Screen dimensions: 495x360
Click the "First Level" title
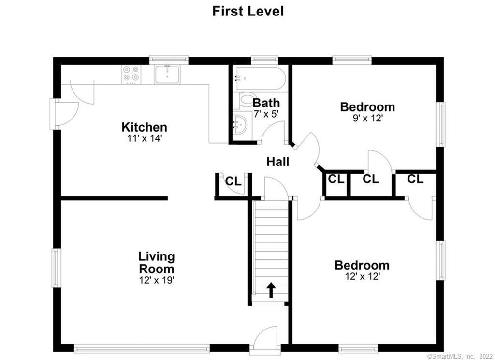tap(248, 11)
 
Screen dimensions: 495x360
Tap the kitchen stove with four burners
tap(131, 75)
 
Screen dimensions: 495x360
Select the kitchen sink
tap(167, 75)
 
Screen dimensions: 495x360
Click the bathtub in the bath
tap(260, 78)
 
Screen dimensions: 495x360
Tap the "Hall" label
tap(278, 162)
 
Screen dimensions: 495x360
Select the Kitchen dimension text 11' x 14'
tap(144, 138)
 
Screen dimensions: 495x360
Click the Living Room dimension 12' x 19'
tap(157, 280)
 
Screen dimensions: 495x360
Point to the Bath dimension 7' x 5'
tap(266, 114)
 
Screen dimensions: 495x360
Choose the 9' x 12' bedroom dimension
tap(367, 118)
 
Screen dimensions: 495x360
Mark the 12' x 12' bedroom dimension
tap(362, 277)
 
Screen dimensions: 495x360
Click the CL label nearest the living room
tap(233, 181)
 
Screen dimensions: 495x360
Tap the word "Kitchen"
tap(144, 127)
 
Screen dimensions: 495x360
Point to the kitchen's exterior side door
tap(64, 114)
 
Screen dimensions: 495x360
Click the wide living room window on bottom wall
tap(142, 348)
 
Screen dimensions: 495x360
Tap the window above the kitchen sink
tap(169, 60)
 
